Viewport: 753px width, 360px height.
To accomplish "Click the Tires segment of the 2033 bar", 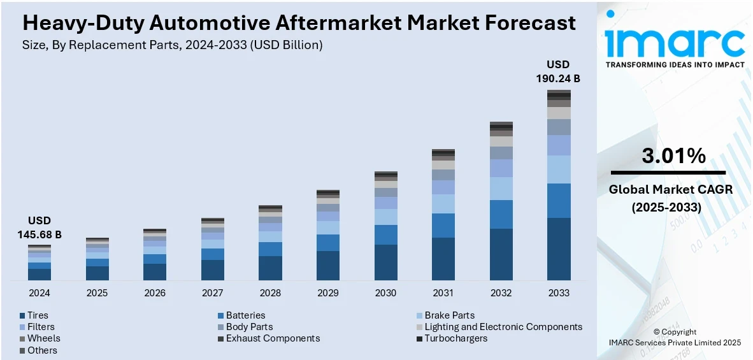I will click(559, 248).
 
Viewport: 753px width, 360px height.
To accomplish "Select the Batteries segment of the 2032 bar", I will click(501, 214).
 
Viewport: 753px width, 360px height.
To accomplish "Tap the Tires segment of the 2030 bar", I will click(385, 262).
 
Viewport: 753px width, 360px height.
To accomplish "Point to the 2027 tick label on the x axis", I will click(213, 293).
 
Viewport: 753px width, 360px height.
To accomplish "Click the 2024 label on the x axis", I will click(39, 293).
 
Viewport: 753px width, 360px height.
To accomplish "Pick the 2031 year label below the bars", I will click(443, 293).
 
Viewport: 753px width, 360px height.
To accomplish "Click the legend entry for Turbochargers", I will click(455, 338).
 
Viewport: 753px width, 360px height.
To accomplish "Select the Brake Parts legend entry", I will click(449, 315).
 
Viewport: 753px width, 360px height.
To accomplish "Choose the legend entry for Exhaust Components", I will click(273, 338).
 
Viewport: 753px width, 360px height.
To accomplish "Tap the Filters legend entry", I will click(41, 327).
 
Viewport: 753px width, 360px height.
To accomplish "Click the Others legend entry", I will click(42, 350).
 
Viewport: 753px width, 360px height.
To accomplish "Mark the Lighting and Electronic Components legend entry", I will click(503, 327).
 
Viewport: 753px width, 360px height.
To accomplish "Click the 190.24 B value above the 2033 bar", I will click(558, 79).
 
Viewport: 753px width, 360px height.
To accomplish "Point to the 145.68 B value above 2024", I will click(39, 235).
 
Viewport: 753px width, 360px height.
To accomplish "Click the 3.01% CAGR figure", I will click(673, 156).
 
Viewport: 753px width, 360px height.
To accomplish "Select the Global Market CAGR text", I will click(670, 189).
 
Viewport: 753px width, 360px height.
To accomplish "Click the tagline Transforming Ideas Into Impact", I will click(675, 65).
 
